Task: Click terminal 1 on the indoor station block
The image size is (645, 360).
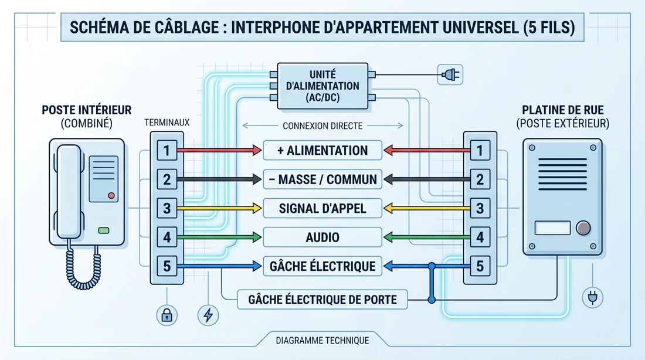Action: pos(167,151)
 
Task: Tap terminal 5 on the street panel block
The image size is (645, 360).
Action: pos(480,267)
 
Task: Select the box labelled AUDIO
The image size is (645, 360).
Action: pos(322,237)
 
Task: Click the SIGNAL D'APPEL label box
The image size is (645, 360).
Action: pos(322,208)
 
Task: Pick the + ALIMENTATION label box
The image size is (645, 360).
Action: pos(322,150)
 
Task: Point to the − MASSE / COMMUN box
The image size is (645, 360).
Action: pos(322,179)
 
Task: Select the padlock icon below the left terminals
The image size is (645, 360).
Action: pos(167,315)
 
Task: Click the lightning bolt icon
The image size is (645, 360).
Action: pos(208,315)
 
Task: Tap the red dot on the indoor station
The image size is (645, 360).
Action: pos(111,195)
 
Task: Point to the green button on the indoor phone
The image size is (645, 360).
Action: pos(104,231)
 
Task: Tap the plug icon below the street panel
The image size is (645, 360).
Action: pos(590,298)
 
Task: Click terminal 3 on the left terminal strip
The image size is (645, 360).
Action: pos(167,208)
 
